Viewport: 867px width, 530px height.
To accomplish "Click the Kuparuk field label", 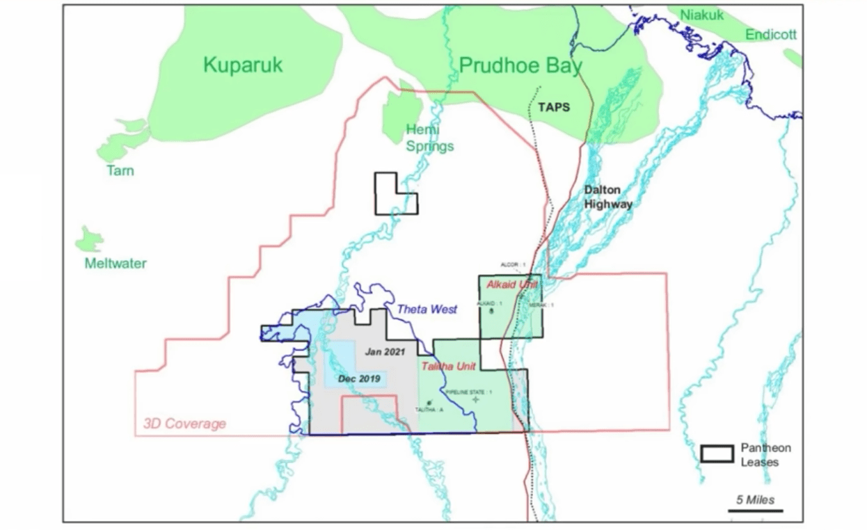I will point(244,65).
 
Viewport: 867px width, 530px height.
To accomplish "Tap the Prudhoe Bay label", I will point(520,66).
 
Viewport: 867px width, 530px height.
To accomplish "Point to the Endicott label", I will point(771,35).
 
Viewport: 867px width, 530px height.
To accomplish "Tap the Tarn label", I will point(120,170).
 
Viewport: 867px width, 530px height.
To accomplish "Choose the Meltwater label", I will point(116,264).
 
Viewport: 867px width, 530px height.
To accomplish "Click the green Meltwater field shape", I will point(89,240).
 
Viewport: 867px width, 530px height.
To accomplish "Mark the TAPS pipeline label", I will point(554,107).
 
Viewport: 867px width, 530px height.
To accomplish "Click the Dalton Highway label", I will point(608,197).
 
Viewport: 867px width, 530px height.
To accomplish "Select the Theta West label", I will point(427,309).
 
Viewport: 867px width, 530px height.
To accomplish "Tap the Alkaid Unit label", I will point(512,285).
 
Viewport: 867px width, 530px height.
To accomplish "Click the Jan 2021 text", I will point(385,352).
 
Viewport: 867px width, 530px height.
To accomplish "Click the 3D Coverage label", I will point(184,423).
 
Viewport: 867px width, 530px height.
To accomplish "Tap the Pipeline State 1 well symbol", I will point(476,400).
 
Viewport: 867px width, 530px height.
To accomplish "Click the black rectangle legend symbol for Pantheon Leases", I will point(717,453).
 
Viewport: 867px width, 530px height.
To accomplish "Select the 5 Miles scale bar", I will point(756,511).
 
